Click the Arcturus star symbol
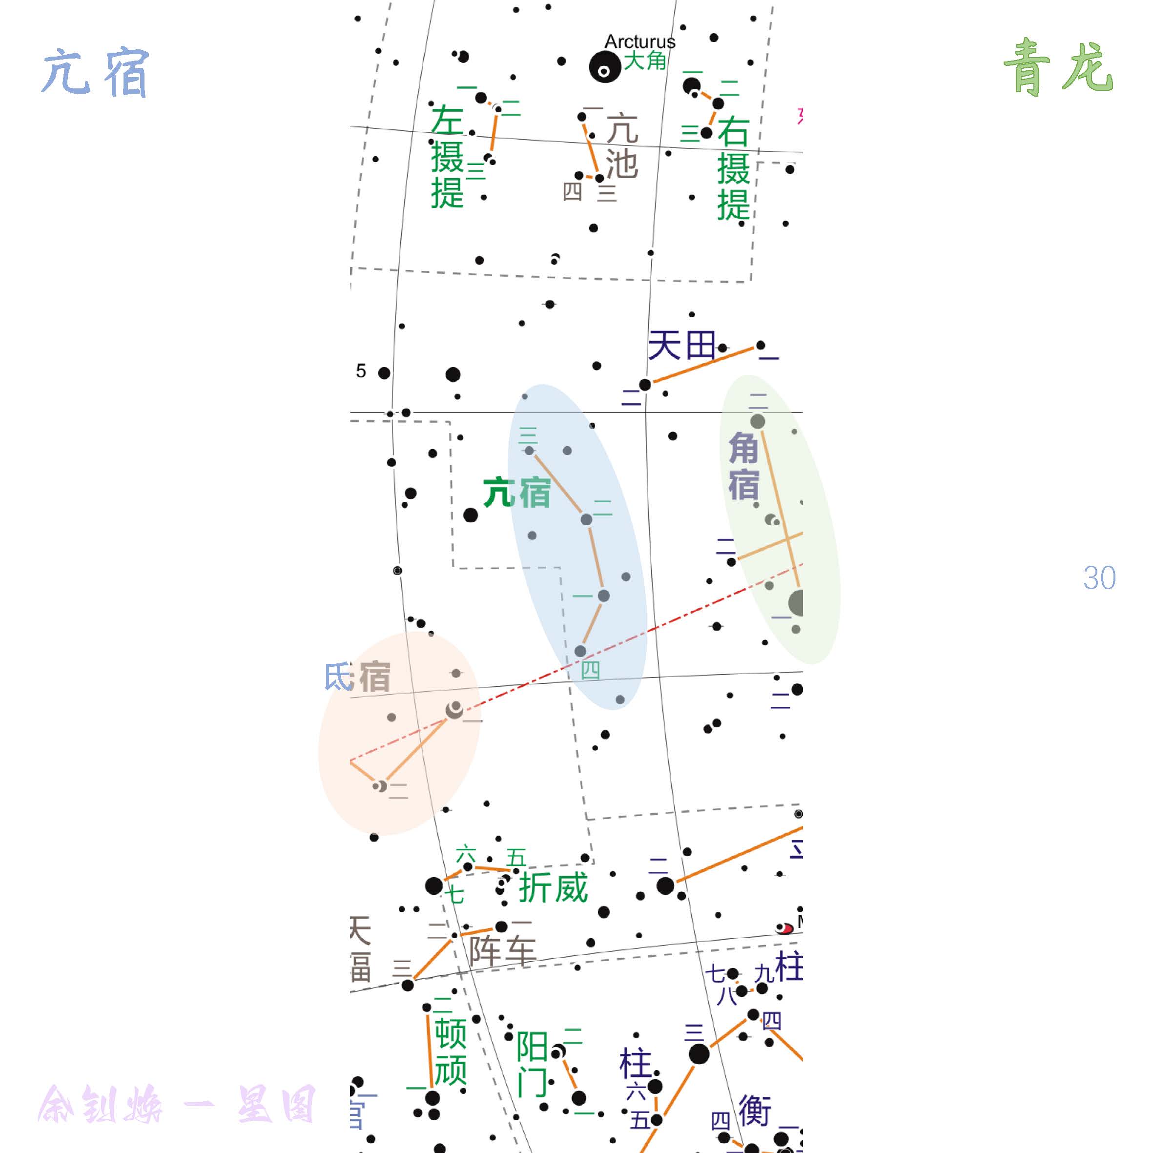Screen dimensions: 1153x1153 coord(604,67)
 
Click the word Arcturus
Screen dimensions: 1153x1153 coord(640,42)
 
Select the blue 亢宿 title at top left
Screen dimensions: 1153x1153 coord(96,73)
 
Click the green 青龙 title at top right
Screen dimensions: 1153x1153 coord(1057,67)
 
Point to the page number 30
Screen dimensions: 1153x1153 coord(1099,577)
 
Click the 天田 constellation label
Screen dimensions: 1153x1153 coord(681,346)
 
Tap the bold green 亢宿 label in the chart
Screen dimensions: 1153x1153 coord(517,493)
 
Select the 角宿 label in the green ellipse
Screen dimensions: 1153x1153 coord(743,466)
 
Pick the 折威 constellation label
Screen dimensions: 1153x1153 coord(553,887)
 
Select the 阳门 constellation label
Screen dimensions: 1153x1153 coord(532,1064)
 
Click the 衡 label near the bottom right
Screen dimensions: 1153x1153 coord(755,1110)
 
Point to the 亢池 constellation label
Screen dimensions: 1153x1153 coord(622,146)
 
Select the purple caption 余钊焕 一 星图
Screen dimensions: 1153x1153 coord(177,1105)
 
